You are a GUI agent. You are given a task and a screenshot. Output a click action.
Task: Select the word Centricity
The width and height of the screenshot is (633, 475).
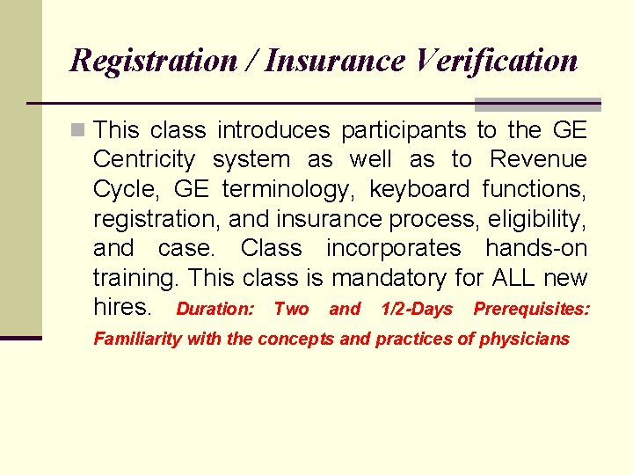point(143,160)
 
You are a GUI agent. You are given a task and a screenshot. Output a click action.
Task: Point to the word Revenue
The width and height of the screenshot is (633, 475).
point(538,160)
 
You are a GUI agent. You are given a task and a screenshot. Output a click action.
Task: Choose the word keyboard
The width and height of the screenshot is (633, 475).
point(419,189)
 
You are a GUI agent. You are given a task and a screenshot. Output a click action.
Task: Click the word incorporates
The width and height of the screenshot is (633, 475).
point(393,248)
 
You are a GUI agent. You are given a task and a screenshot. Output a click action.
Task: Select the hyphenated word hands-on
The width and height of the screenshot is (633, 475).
point(536,248)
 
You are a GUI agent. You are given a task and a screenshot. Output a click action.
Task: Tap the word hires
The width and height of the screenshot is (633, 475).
point(122,307)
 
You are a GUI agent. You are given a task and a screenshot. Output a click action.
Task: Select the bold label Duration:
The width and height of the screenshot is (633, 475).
point(215,309)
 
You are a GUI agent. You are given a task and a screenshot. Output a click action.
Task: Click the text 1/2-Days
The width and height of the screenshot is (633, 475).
point(417,309)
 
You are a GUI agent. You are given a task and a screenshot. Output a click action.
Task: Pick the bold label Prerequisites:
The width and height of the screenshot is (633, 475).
point(532,309)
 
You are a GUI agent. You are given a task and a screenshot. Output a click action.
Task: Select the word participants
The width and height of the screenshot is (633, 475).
point(404,131)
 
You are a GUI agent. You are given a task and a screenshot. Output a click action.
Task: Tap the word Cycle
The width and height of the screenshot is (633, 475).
point(122,189)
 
